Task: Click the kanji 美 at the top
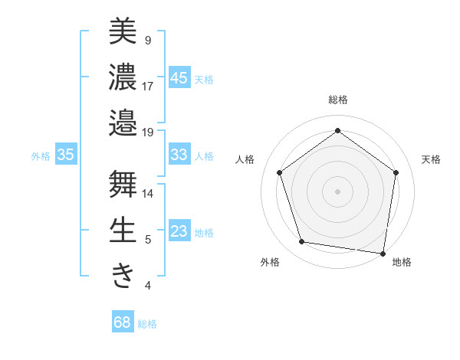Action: tap(123, 31)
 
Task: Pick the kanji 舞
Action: tap(123, 185)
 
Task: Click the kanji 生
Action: tap(123, 231)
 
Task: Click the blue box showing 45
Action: tap(179, 77)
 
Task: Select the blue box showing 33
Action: tap(179, 155)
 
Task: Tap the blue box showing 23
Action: tap(179, 231)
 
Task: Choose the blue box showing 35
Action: tap(66, 155)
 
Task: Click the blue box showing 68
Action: tap(123, 322)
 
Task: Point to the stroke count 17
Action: tap(148, 86)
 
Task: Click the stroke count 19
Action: tap(148, 132)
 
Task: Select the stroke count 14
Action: tap(148, 194)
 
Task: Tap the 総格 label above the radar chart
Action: tap(337, 100)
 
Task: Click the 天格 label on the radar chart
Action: tap(431, 159)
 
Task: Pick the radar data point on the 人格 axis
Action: tap(279, 172)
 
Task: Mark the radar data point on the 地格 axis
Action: tap(383, 253)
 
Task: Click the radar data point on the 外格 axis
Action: tap(302, 242)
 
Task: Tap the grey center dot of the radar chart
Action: tap(337, 191)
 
